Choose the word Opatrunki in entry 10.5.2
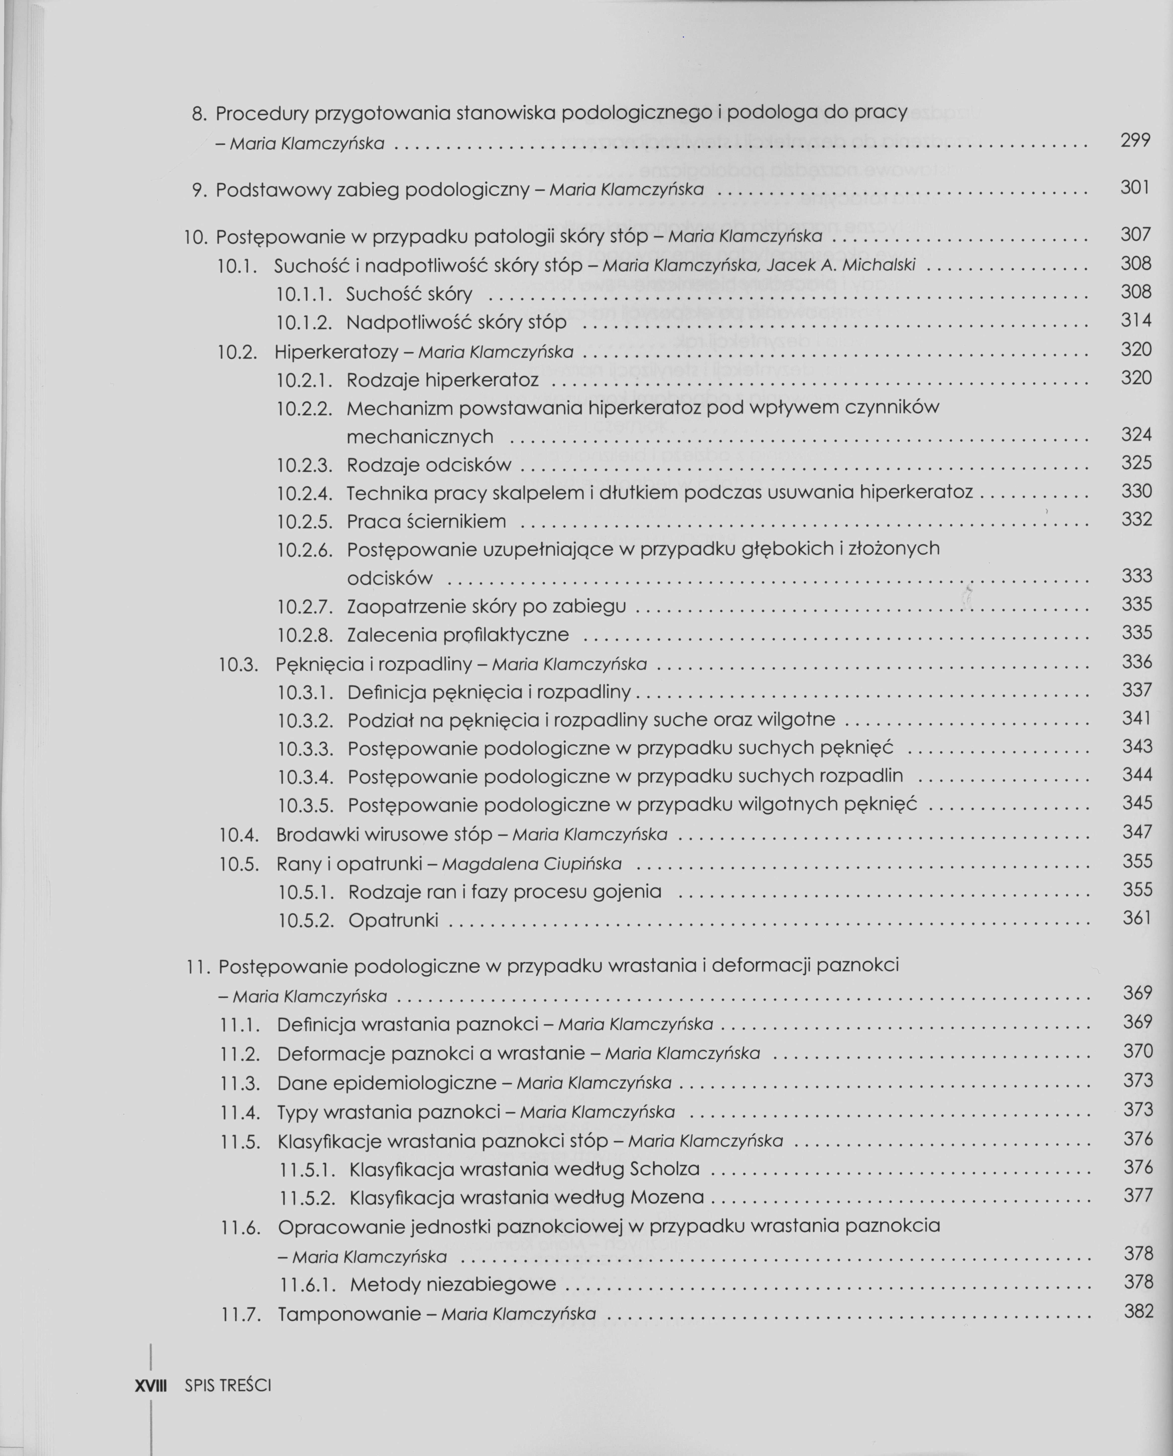tap(393, 920)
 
